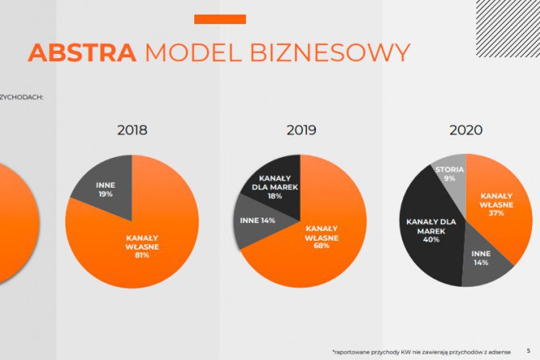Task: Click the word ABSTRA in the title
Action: click(82, 52)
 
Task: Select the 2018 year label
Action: click(133, 130)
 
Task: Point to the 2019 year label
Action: click(301, 130)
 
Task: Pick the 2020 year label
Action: click(466, 130)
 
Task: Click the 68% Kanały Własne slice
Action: click(318, 242)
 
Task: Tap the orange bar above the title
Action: click(220, 19)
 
